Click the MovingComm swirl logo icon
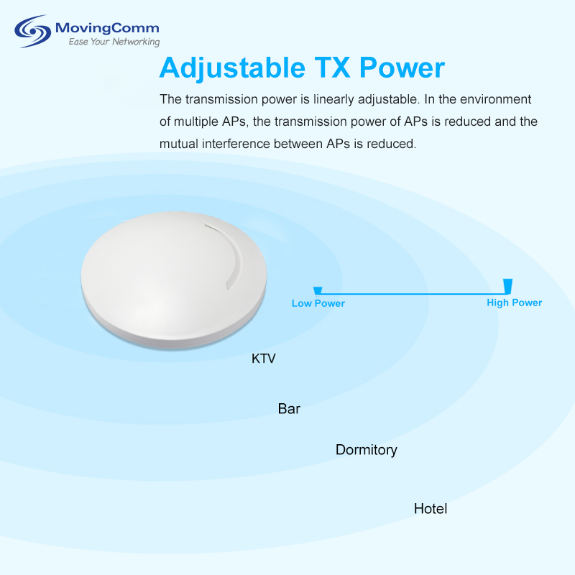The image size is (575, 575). tap(32, 31)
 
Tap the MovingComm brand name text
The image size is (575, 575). tap(107, 28)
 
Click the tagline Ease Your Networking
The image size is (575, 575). tap(114, 42)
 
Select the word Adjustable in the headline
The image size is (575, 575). tap(232, 68)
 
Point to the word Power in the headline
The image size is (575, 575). tap(402, 68)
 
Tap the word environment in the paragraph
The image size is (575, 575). tap(495, 99)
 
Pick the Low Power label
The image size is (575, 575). tap(318, 303)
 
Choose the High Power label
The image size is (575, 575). tap(514, 303)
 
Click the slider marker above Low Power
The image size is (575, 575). tap(318, 291)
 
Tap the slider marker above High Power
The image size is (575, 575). tap(508, 286)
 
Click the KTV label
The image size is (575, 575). tap(263, 358)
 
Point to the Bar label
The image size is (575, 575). tap(289, 408)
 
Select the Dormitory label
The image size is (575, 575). tap(367, 450)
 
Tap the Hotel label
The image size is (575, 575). tap(431, 509)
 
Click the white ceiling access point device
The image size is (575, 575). tap(174, 280)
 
